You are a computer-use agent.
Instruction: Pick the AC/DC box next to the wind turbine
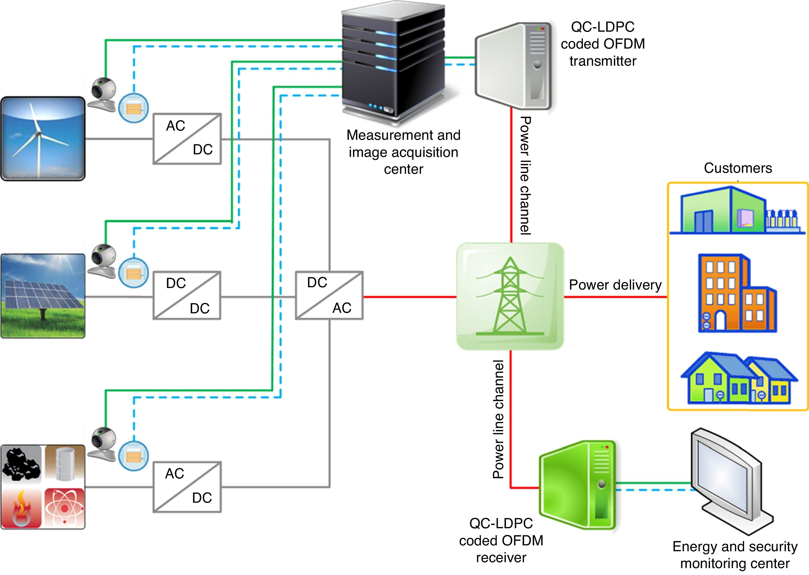(x=187, y=139)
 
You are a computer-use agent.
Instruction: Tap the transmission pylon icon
(x=510, y=296)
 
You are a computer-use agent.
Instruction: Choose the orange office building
(x=736, y=293)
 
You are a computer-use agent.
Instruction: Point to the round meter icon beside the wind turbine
(x=133, y=108)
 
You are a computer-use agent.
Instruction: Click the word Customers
(x=738, y=168)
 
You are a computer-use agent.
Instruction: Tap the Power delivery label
(x=615, y=285)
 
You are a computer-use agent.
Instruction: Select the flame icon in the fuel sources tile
(x=22, y=508)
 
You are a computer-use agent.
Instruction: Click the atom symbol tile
(x=64, y=508)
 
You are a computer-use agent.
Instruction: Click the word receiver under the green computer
(x=501, y=558)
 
